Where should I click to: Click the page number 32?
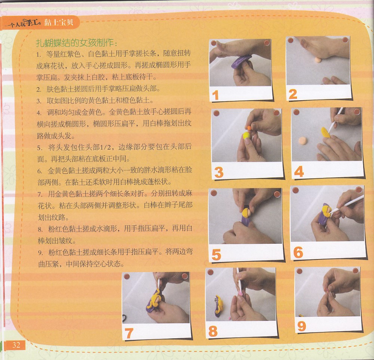[x=16, y=345]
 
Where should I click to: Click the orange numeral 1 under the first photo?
[x=215, y=95]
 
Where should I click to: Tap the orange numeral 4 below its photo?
[x=299, y=172]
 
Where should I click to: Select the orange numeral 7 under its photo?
[x=129, y=333]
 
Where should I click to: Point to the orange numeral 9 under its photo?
[x=302, y=326]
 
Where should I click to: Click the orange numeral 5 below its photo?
[x=216, y=255]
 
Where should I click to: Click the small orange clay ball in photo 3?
[x=249, y=128]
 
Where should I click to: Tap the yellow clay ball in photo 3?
[x=246, y=136]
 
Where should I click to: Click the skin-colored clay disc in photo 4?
[x=302, y=141]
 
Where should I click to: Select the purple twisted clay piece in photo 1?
[x=241, y=62]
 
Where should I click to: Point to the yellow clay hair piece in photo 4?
[x=325, y=133]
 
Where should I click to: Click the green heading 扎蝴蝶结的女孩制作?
[x=76, y=43]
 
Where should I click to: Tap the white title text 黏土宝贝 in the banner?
[x=58, y=22]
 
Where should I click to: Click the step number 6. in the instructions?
[x=40, y=171]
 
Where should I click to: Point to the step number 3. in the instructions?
[x=39, y=101]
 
